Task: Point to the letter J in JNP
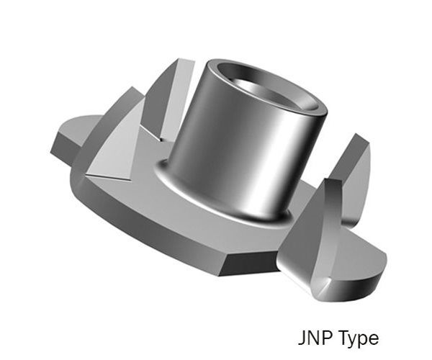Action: [302, 338]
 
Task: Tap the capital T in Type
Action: [341, 338]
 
